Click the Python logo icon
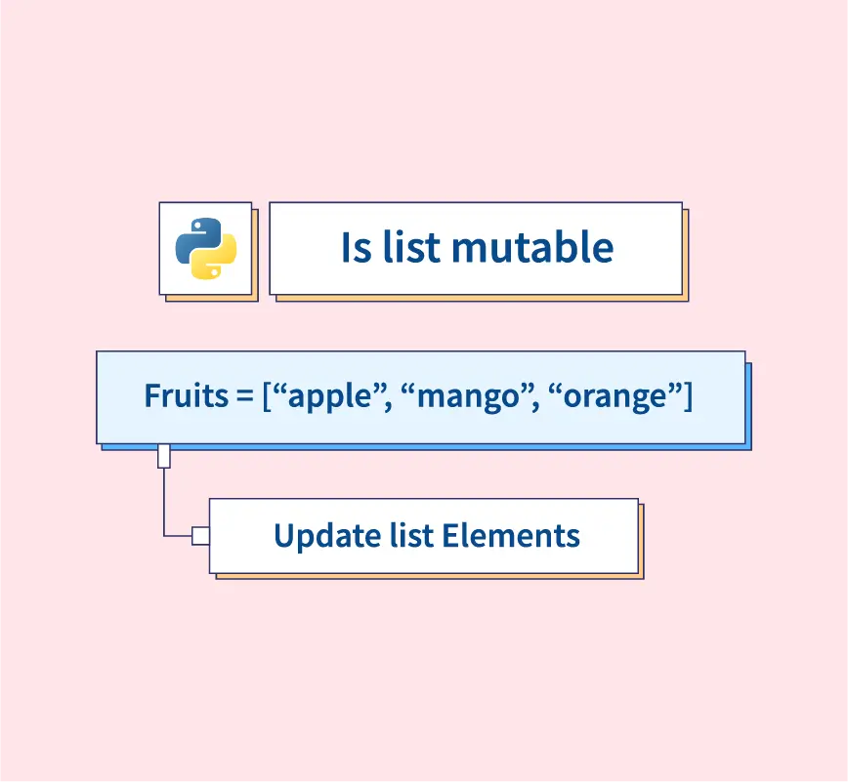(x=206, y=249)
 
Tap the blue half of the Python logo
(x=195, y=240)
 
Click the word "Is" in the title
(x=357, y=248)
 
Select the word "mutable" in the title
(x=532, y=247)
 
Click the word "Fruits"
(x=186, y=395)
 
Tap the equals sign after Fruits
(x=245, y=396)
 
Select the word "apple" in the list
(x=330, y=397)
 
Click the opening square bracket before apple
(x=267, y=396)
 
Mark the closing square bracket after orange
(x=688, y=396)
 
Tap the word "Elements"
(x=511, y=536)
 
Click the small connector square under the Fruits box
(x=164, y=456)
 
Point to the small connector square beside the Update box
(x=200, y=536)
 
